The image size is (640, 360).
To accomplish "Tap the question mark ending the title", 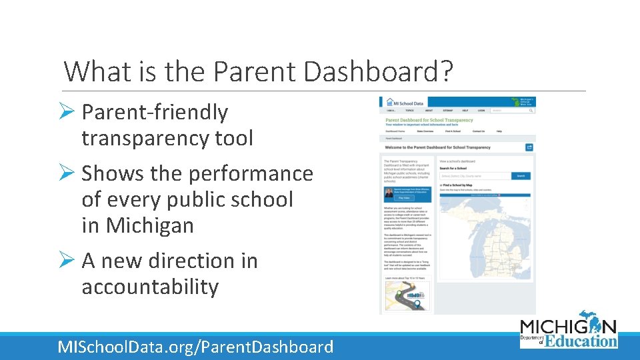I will [445, 71].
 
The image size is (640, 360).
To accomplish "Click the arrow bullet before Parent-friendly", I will [70, 113].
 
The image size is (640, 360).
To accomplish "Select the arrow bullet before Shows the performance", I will [70, 173].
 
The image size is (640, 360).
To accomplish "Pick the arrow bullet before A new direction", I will [70, 261].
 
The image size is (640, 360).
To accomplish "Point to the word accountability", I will [150, 287].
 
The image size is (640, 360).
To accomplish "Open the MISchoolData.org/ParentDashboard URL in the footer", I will [195, 347].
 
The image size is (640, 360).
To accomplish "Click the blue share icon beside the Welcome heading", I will [529, 147].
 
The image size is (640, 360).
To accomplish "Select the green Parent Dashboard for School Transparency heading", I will [429, 120].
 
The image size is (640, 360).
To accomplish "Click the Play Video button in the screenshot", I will [404, 198].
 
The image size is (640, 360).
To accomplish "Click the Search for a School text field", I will [475, 176].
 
